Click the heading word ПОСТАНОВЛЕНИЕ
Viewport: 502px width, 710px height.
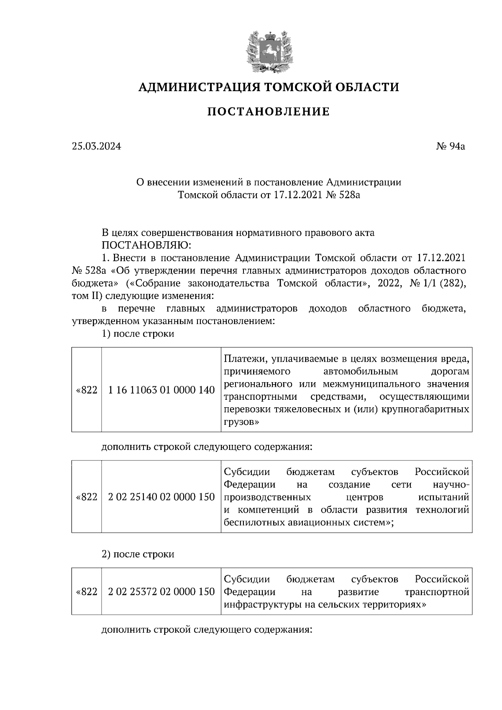click(x=269, y=112)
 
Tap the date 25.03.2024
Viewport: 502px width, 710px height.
click(x=96, y=146)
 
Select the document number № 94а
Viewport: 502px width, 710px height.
click(x=451, y=146)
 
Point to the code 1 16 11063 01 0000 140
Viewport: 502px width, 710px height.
click(x=161, y=390)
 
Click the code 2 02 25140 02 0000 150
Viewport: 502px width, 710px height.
click(x=161, y=497)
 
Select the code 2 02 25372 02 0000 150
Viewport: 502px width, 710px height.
click(x=161, y=592)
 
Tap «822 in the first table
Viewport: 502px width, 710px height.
click(x=87, y=390)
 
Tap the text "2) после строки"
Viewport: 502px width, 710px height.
click(x=138, y=554)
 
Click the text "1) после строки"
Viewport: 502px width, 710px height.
click(x=138, y=334)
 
